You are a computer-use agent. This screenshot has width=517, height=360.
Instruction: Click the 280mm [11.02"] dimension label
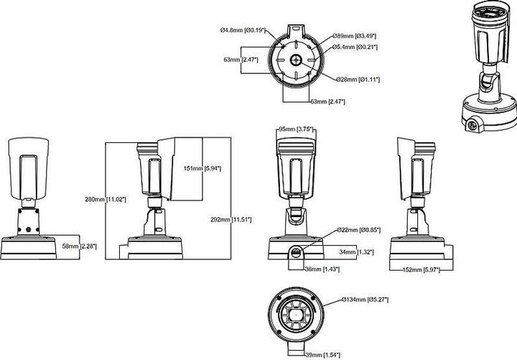(x=106, y=199)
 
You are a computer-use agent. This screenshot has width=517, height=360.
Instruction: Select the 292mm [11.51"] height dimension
(x=232, y=219)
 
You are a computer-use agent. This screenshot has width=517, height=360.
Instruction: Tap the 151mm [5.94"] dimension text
(x=202, y=168)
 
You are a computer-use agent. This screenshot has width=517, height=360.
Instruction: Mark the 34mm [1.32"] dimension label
(x=356, y=251)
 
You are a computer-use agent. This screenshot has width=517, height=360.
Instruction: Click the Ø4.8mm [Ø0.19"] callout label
(x=243, y=30)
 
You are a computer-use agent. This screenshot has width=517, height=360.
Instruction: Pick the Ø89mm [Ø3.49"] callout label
(x=355, y=36)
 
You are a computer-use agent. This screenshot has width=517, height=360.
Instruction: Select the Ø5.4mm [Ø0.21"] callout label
(x=355, y=47)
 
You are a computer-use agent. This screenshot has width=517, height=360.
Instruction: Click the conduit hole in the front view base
(x=295, y=251)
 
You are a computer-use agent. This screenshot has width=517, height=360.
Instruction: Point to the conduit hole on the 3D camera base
(x=473, y=126)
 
